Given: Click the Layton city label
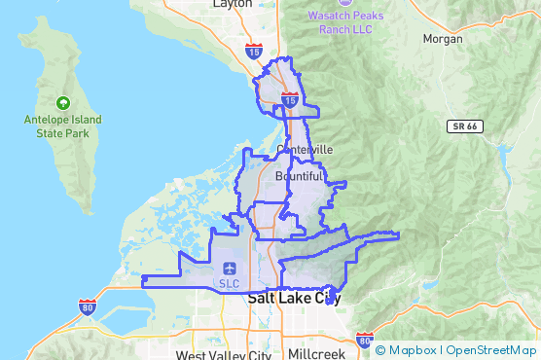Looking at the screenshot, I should (232, 4).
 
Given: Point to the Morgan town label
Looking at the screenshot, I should (443, 39).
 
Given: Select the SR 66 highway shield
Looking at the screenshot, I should (465, 126).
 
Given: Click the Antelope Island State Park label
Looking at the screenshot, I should (62, 126).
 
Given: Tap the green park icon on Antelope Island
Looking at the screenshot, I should (63, 102).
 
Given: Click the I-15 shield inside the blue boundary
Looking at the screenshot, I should (290, 98).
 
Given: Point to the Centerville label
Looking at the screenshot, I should (305, 149).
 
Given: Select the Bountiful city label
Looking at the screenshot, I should (298, 176).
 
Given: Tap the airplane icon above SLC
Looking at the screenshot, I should (230, 269).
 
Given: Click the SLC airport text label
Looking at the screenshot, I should (230, 284).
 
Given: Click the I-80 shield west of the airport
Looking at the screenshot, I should (88, 306).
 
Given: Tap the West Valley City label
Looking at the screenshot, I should (224, 355).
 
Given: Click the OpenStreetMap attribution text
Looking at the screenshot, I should (490, 349).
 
